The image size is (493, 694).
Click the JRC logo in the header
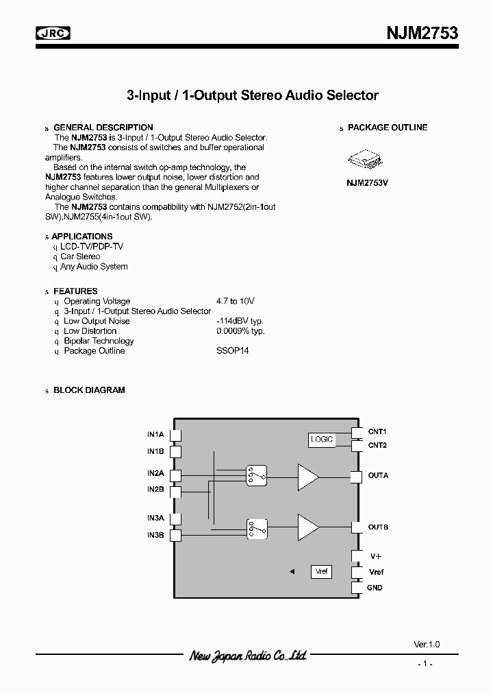(53, 33)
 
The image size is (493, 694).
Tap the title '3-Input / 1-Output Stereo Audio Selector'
(253, 95)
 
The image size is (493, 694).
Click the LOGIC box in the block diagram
(322, 439)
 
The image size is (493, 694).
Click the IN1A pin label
(155, 434)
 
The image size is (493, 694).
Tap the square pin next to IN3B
(175, 536)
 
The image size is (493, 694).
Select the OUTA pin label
(378, 475)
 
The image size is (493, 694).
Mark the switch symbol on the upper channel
(257, 475)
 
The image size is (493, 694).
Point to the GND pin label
(375, 588)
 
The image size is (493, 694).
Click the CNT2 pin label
(377, 445)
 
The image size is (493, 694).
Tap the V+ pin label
(375, 556)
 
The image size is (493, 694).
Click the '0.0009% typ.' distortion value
(240, 331)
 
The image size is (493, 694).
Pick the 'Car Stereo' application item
(80, 256)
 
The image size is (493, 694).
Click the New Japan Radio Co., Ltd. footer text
(248, 656)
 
